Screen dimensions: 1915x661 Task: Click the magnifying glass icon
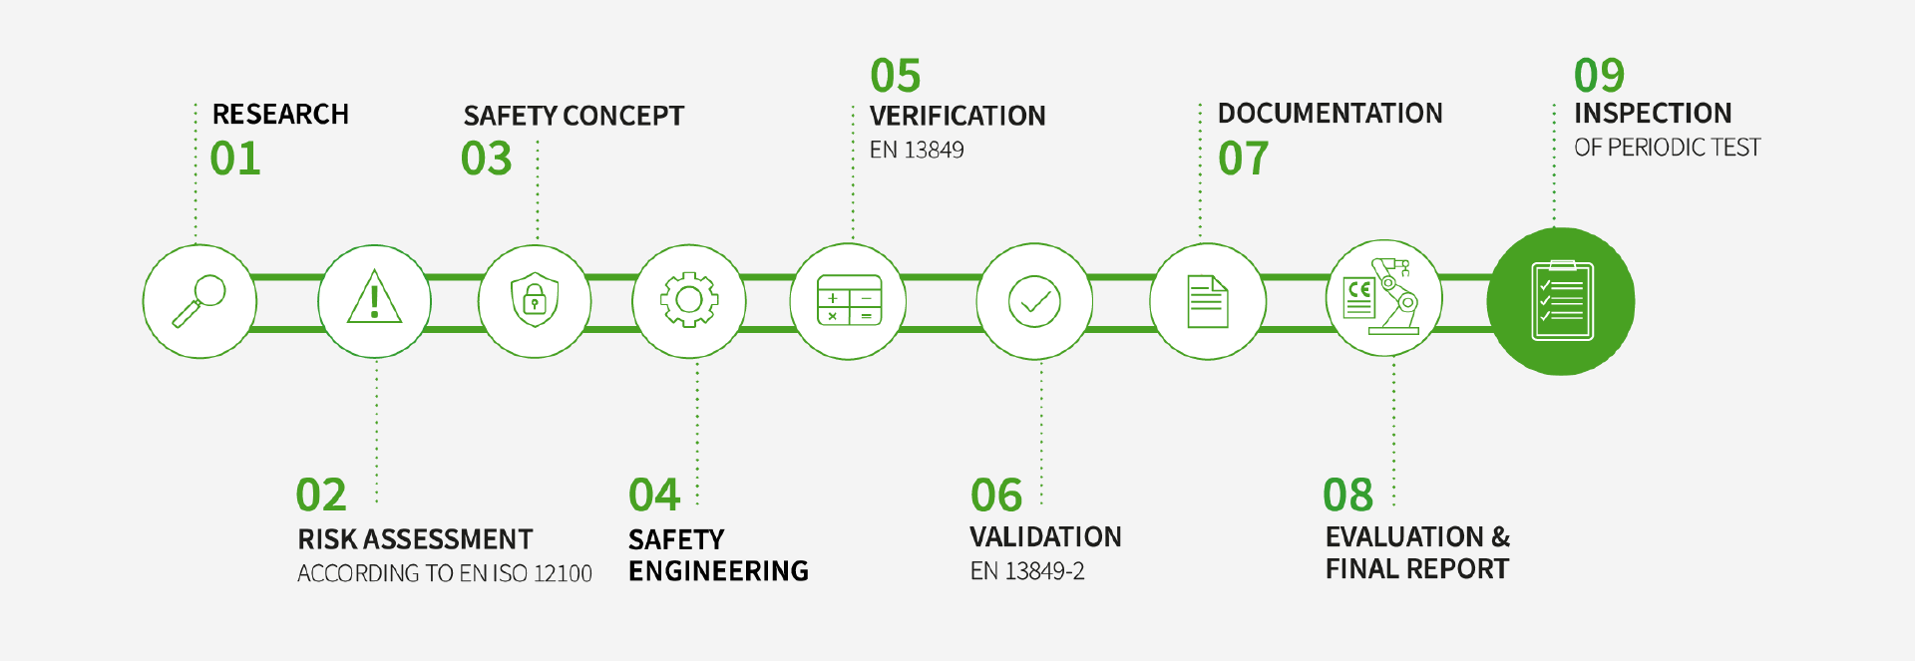(199, 301)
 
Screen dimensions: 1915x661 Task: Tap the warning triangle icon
(374, 297)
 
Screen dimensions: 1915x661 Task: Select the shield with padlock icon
(535, 300)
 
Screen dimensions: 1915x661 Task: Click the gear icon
(689, 300)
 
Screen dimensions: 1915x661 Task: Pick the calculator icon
(849, 300)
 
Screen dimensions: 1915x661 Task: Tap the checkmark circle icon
(1034, 301)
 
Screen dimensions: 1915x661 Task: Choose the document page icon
(1208, 301)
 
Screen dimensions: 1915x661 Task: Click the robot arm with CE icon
(1383, 296)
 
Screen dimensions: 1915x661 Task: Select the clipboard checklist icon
(1562, 301)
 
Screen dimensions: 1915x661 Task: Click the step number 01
(235, 159)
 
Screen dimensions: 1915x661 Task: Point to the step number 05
(896, 76)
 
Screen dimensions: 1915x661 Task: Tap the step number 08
(1348, 495)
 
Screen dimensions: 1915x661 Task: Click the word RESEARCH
(280, 115)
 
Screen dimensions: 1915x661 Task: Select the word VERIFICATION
(957, 116)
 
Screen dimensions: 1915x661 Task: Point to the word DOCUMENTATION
(1331, 114)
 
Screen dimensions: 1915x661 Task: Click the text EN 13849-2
(1027, 571)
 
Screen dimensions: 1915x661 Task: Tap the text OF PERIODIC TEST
(1668, 148)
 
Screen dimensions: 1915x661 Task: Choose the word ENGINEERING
(718, 571)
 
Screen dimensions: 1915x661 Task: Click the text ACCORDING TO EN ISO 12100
(445, 573)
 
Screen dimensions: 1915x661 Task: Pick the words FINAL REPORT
(1417, 569)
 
